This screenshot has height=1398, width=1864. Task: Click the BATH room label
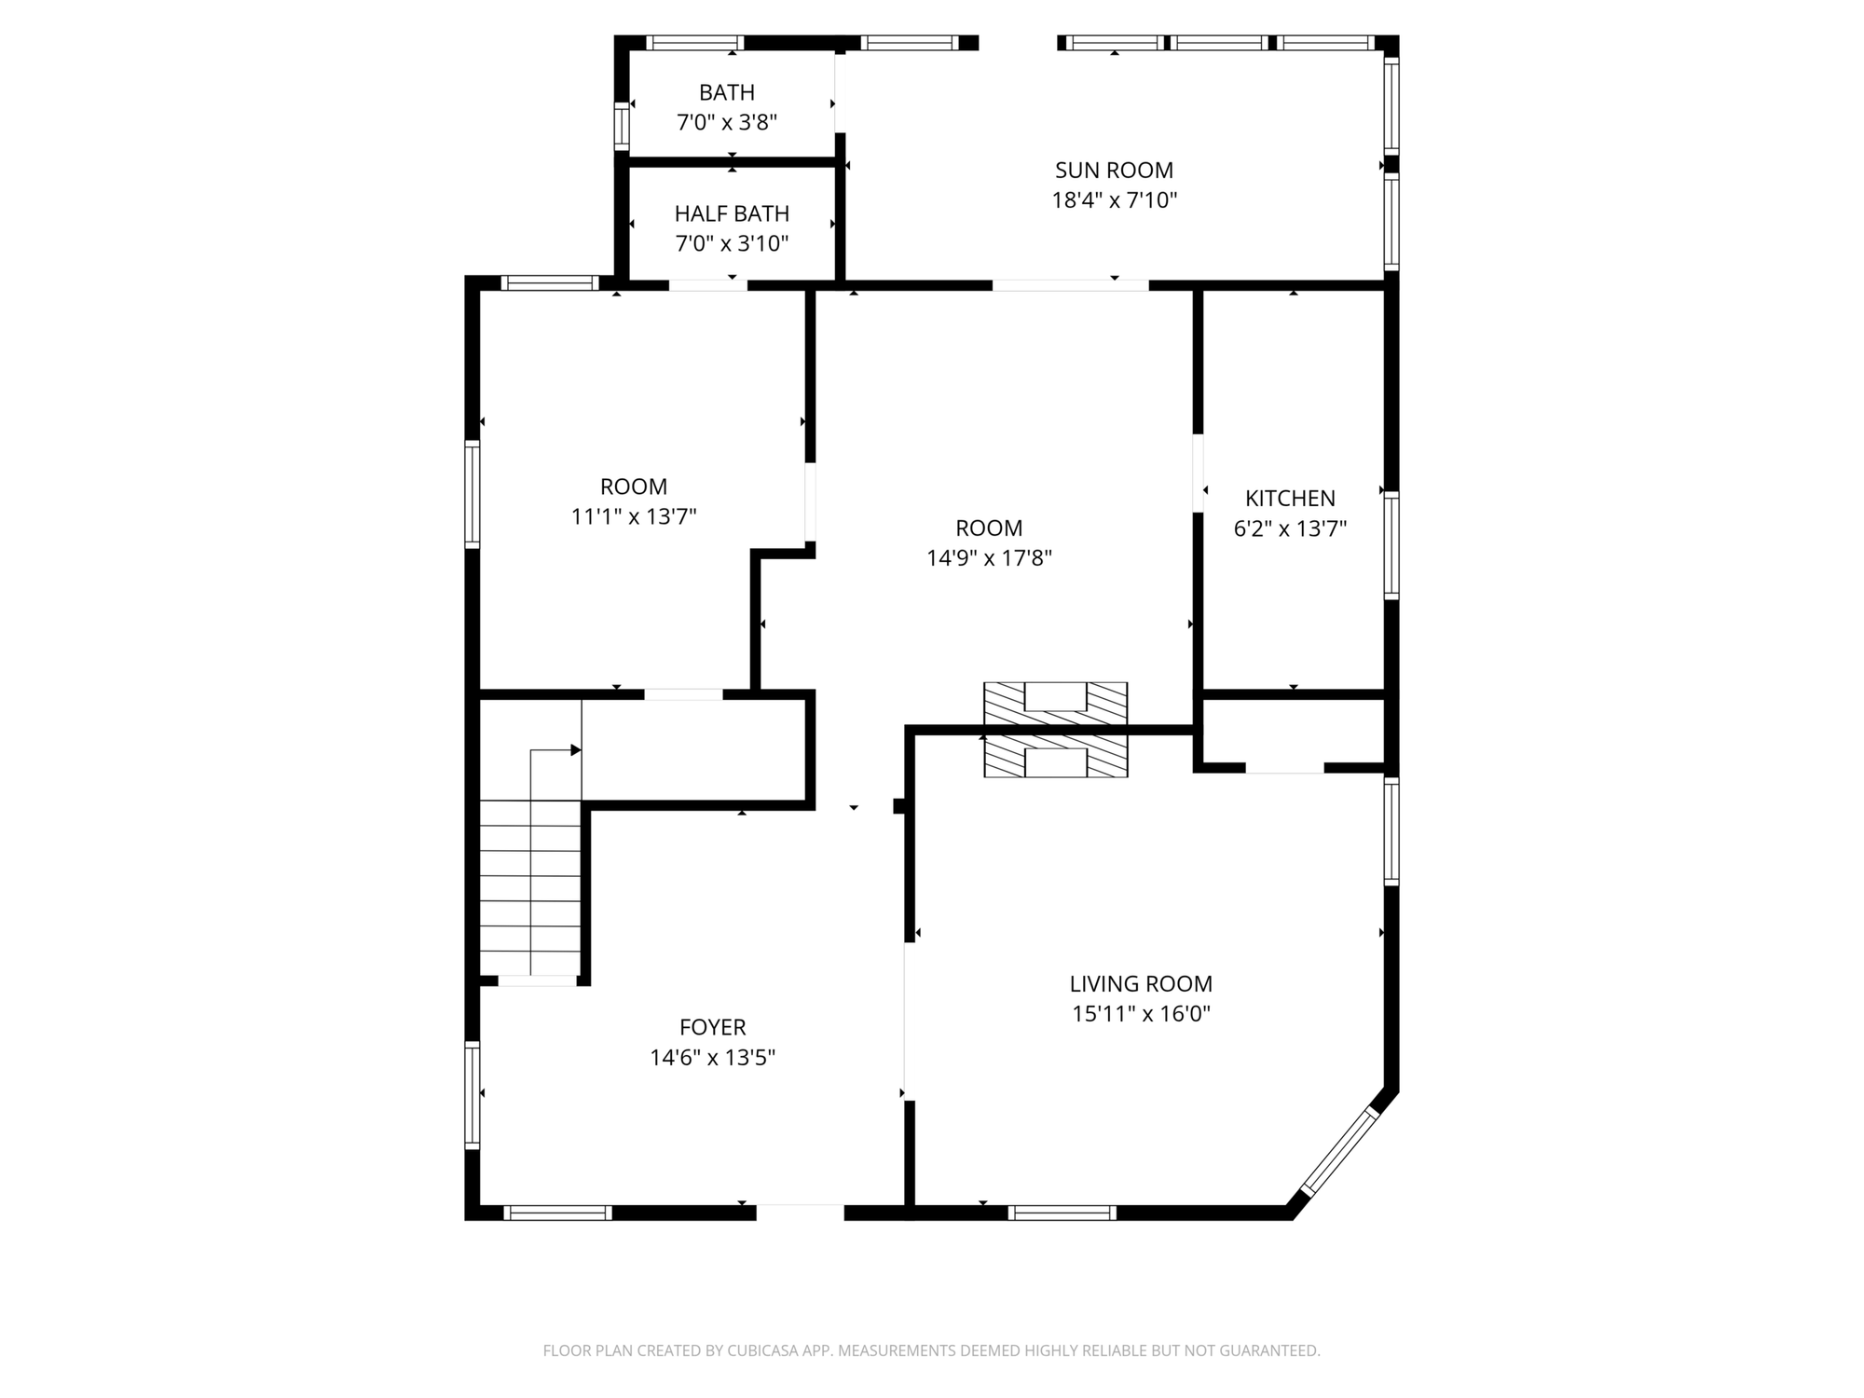(x=727, y=92)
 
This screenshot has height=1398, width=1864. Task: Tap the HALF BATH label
(x=732, y=213)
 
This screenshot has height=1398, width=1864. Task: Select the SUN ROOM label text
(x=1114, y=170)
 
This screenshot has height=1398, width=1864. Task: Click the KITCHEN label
(x=1290, y=498)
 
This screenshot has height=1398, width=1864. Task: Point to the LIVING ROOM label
(x=1141, y=983)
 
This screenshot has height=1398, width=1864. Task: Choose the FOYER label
(x=712, y=1027)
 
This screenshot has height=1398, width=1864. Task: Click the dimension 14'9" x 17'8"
(x=989, y=558)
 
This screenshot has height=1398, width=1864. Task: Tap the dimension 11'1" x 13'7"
(x=634, y=516)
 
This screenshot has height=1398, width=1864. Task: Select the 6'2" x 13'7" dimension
(x=1290, y=528)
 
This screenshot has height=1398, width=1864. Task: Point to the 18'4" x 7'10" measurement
(x=1115, y=200)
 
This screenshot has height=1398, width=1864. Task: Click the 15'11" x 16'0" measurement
(x=1141, y=1013)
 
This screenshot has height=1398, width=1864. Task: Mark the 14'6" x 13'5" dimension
(x=713, y=1058)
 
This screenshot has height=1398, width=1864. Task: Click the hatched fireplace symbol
(x=1056, y=730)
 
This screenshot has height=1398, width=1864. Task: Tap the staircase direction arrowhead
(x=576, y=750)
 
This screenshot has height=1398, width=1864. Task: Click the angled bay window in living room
(x=1339, y=1152)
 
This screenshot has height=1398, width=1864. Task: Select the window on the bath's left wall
(x=622, y=125)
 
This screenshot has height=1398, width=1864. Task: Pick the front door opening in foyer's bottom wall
(x=800, y=1213)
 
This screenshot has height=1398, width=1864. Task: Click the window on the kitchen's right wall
(x=1391, y=545)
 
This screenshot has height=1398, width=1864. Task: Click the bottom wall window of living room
(x=1062, y=1213)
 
